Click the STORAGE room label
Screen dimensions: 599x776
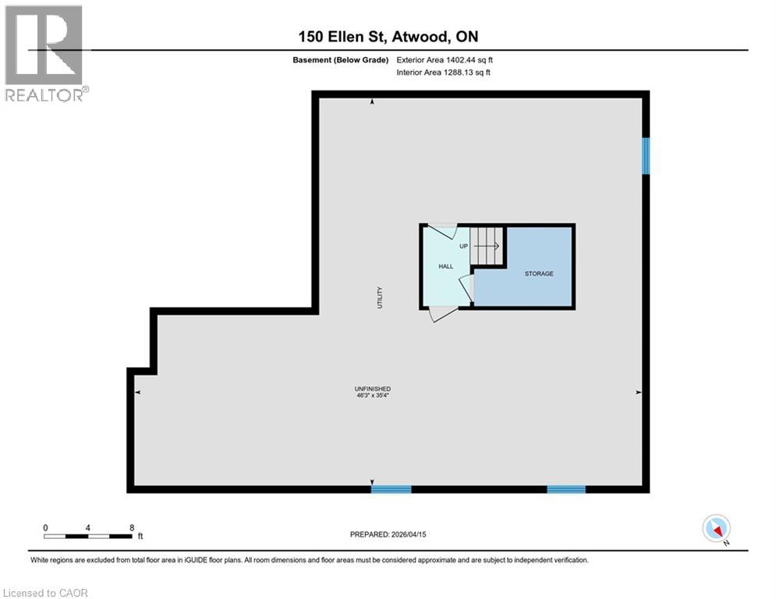(539, 274)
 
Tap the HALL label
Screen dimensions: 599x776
(445, 267)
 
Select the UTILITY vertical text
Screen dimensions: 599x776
(381, 298)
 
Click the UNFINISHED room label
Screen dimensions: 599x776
(372, 389)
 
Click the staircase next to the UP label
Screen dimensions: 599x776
(487, 245)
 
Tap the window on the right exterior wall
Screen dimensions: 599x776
(645, 155)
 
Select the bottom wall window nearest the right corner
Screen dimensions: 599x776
(565, 490)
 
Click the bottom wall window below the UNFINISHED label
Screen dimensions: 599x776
(391, 490)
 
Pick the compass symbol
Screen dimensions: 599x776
(715, 529)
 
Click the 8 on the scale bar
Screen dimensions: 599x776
(132, 527)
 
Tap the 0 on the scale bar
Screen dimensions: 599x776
(46, 527)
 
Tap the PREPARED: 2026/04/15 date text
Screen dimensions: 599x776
(388, 534)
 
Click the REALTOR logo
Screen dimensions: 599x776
(45, 53)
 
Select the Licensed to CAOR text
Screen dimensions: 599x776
(46, 593)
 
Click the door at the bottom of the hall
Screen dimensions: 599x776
(443, 314)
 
